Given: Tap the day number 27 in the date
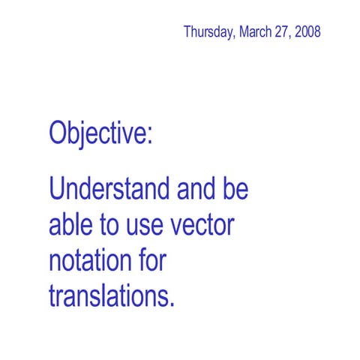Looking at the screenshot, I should (283, 32).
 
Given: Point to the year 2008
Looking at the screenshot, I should (308, 32).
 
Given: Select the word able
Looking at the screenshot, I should (69, 223).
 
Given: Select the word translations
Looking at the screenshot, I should (108, 295).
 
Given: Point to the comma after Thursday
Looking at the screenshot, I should (234, 37).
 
